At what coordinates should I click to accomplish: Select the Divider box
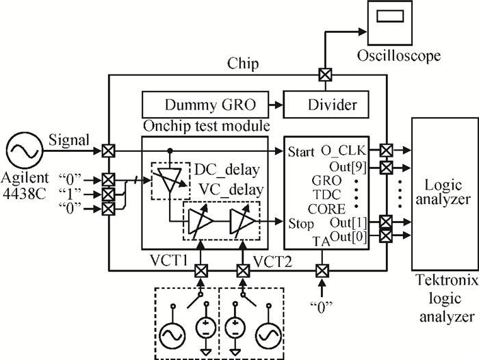click(326, 105)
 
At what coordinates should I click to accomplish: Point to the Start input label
click(302, 150)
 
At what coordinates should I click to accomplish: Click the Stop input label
click(302, 224)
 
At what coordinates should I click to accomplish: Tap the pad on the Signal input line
click(108, 149)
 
